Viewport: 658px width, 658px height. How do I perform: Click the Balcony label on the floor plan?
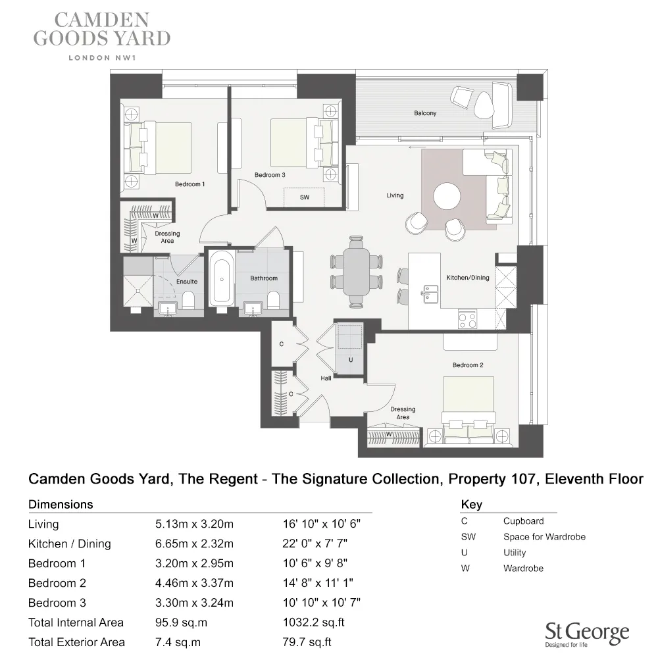(x=425, y=113)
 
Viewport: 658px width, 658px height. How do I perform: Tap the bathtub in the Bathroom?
(x=220, y=280)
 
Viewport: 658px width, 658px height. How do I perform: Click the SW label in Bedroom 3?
(x=304, y=197)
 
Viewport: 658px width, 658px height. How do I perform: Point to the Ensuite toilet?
(x=189, y=301)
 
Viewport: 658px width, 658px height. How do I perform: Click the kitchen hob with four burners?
(x=467, y=320)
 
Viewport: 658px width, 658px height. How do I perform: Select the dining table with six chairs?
(x=356, y=271)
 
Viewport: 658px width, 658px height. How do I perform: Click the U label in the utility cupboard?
(x=351, y=360)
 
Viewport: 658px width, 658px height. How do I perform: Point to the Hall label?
(x=326, y=378)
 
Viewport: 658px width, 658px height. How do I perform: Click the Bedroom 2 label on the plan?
(x=468, y=365)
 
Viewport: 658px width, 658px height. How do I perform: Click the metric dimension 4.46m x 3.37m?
(x=194, y=583)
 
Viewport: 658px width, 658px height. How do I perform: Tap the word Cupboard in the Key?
(x=523, y=520)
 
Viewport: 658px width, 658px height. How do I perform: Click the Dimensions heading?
(x=61, y=505)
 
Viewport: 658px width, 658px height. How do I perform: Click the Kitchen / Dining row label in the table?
(x=70, y=544)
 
